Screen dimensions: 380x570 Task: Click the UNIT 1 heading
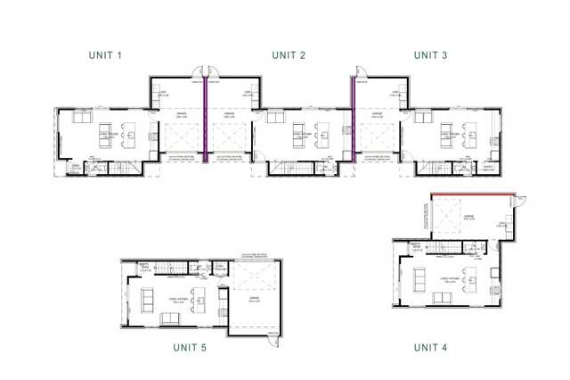[x=105, y=55]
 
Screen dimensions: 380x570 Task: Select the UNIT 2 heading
[x=289, y=55]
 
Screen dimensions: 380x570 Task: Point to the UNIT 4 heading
[x=431, y=346]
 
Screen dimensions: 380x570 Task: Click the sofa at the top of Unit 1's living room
[x=81, y=119]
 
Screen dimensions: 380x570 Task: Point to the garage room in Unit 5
[x=255, y=299]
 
